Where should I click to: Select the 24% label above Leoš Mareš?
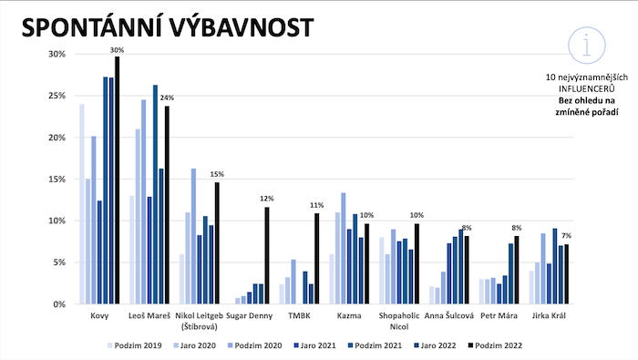pos(167,98)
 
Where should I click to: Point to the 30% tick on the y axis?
pos(57,55)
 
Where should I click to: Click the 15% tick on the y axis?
pos(57,180)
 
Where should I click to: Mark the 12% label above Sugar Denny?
pos(267,199)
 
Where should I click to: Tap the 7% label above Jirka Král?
pos(566,236)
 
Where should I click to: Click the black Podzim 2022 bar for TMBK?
pos(317,259)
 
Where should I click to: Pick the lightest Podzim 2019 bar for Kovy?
pos(82,204)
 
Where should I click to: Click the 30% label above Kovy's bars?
pos(118,48)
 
